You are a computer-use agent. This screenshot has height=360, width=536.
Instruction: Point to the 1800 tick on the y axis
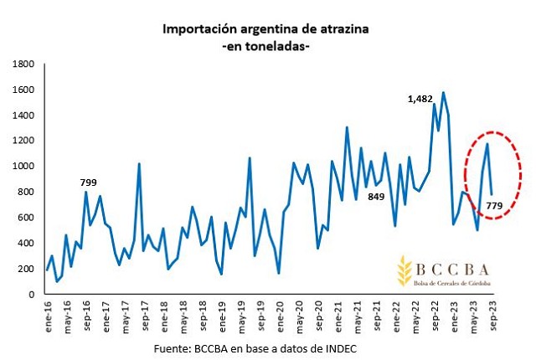[23, 64]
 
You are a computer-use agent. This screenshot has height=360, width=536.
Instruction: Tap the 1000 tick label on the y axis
[23, 167]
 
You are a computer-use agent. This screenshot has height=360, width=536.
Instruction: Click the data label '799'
[88, 182]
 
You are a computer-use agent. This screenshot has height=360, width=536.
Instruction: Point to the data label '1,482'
[420, 99]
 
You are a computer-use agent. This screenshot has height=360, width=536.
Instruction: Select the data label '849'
[375, 197]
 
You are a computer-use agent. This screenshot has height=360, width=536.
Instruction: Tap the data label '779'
[494, 206]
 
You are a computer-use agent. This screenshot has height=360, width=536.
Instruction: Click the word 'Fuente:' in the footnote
[173, 347]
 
